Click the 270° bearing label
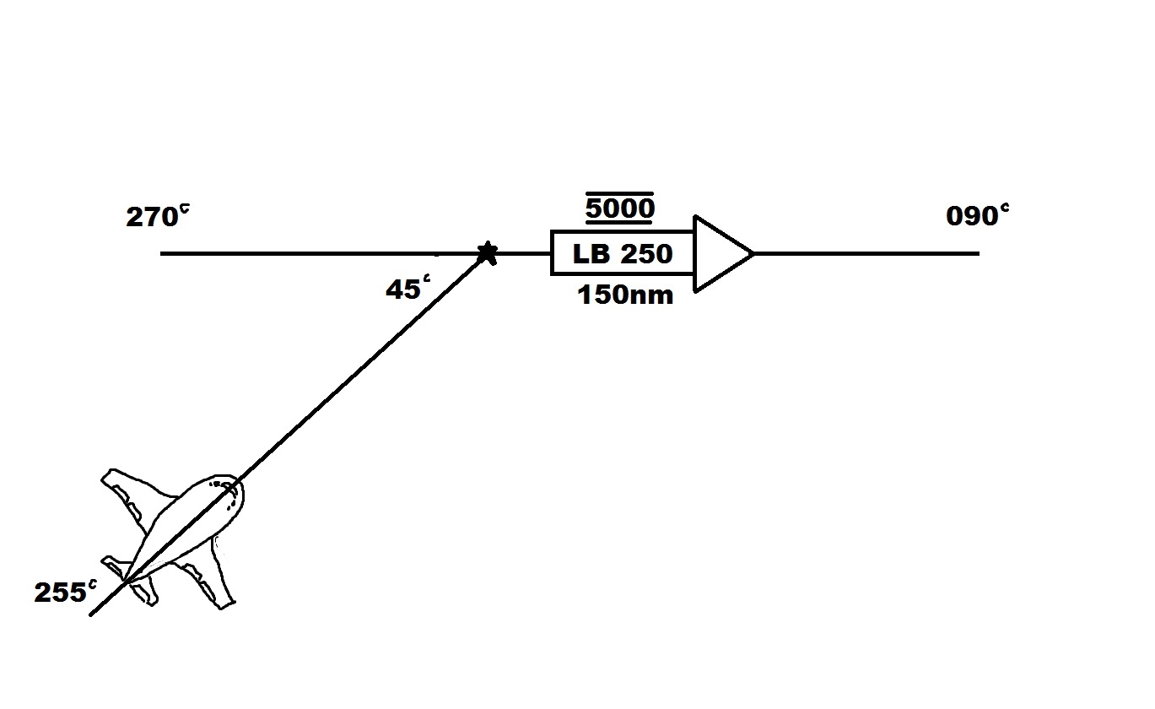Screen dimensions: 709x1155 click(x=157, y=217)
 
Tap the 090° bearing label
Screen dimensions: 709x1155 click(x=977, y=216)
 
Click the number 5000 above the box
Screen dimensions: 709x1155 click(x=620, y=208)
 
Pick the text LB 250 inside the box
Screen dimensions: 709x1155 click(x=623, y=254)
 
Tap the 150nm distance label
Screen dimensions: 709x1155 click(x=625, y=295)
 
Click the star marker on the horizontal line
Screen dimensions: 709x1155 click(x=487, y=252)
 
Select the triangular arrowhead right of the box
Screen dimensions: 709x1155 click(x=720, y=253)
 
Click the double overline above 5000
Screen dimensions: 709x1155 click(x=620, y=194)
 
